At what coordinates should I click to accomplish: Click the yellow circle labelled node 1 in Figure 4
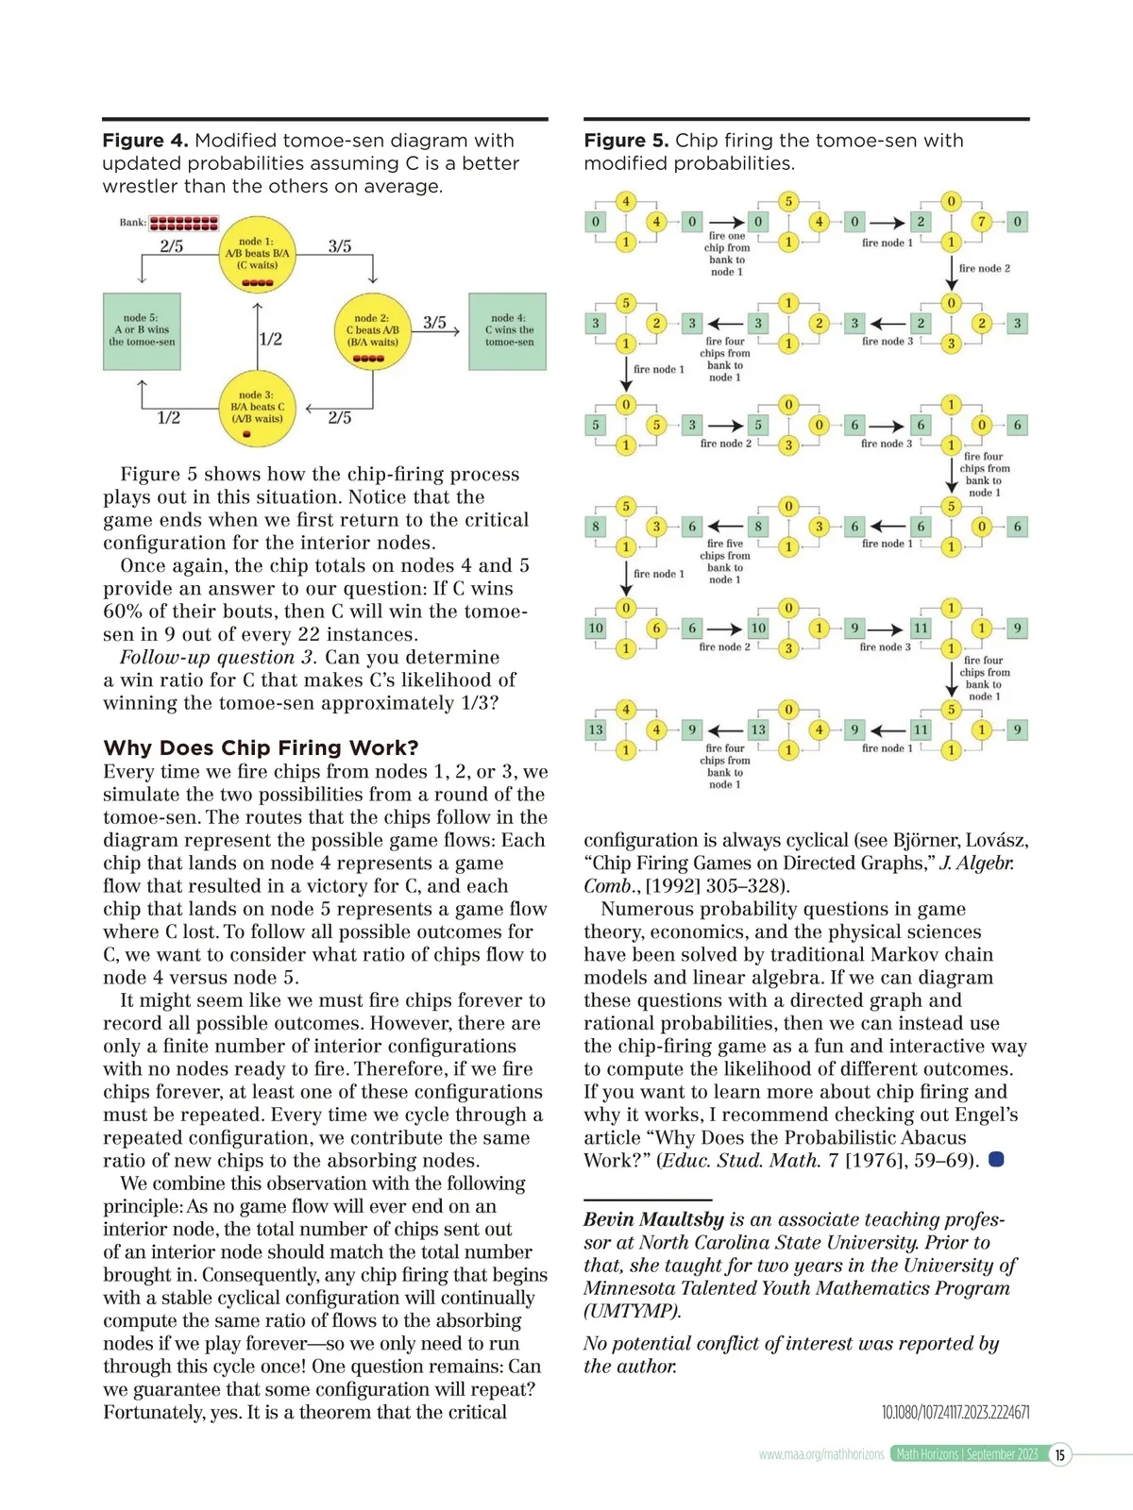click(x=257, y=254)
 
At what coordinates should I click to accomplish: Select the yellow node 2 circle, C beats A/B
click(x=372, y=331)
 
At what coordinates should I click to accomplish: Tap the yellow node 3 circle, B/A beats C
click(x=257, y=409)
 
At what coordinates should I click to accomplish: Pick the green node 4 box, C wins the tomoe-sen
click(x=508, y=331)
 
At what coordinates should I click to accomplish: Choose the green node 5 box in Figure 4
click(x=142, y=331)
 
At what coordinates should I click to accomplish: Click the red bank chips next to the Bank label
click(x=184, y=224)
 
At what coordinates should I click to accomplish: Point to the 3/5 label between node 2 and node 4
click(x=434, y=323)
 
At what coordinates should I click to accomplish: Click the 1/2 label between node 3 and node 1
click(x=270, y=339)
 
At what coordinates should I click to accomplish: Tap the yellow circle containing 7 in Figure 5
click(x=982, y=222)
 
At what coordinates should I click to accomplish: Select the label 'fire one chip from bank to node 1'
click(x=727, y=254)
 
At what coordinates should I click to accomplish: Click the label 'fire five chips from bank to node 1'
click(x=725, y=562)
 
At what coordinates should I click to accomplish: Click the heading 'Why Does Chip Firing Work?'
click(x=261, y=748)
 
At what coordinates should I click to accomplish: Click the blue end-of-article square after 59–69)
click(x=996, y=1159)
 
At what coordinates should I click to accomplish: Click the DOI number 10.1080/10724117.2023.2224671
click(x=955, y=1413)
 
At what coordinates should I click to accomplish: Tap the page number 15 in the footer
click(x=1060, y=1454)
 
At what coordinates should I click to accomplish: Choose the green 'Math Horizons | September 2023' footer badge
click(x=967, y=1454)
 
